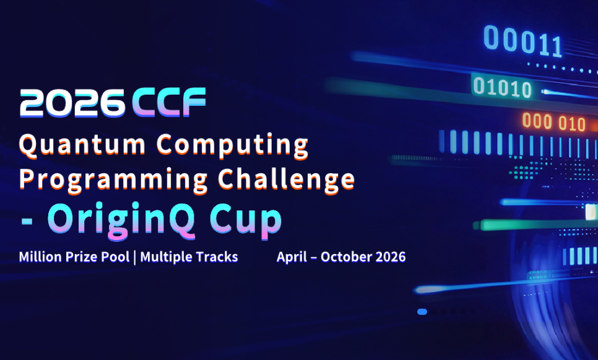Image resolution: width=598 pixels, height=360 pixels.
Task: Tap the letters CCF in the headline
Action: [x=168, y=103]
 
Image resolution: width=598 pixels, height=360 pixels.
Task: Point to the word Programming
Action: [x=113, y=179]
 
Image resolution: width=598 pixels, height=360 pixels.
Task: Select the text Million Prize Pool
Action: [x=74, y=257]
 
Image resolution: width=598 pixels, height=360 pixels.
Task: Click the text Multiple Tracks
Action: [x=189, y=257]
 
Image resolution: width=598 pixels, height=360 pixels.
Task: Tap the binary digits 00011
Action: [x=523, y=41]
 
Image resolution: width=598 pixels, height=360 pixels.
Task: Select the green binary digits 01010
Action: [x=502, y=87]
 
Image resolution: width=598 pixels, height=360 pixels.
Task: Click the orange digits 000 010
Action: [x=553, y=122]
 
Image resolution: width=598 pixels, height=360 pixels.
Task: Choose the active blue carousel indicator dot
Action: [x=422, y=312]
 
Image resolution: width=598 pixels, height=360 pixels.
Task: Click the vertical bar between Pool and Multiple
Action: [x=136, y=257]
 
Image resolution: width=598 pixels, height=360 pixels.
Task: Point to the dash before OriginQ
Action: [x=28, y=220]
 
